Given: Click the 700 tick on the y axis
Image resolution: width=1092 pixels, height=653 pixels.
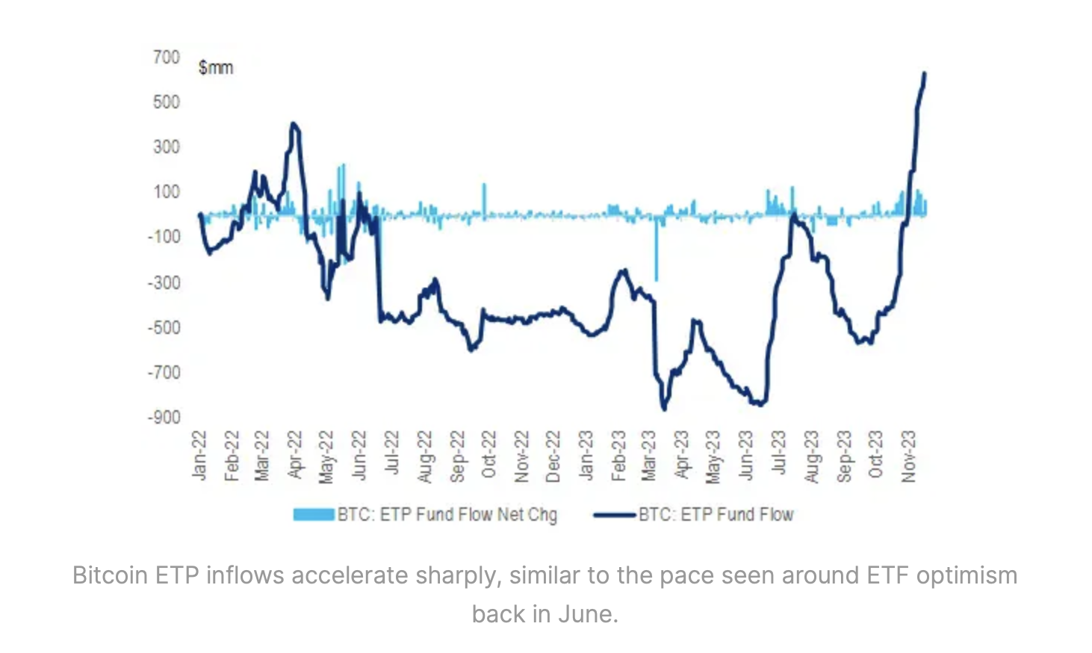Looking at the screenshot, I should coord(166,58).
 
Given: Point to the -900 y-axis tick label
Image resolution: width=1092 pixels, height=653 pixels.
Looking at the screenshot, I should coord(164,417).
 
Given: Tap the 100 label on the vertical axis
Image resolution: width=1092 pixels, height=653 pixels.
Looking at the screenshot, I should coord(166,192).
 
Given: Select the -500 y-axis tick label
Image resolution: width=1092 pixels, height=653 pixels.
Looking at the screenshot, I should coord(164,327).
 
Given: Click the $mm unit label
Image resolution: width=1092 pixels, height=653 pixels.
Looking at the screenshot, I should coord(216,68).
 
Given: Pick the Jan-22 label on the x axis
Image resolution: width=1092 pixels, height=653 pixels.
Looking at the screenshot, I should coord(199,455).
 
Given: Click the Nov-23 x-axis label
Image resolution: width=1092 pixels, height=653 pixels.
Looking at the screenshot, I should coord(908,456).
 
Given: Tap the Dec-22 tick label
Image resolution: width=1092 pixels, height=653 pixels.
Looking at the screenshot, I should coord(553,456).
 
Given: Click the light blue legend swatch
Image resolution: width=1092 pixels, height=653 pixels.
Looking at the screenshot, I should coord(313,515).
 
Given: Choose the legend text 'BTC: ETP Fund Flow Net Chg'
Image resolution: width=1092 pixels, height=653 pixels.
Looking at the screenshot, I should coord(447,515).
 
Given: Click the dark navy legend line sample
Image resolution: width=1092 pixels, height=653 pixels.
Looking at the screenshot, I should coord(615,515).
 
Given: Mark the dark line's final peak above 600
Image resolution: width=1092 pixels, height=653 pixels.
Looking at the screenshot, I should coord(925,73).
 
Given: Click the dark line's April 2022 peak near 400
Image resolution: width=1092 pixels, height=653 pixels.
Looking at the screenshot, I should coord(294,124).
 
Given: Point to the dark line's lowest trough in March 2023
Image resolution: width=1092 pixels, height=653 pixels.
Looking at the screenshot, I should coord(663,409).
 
